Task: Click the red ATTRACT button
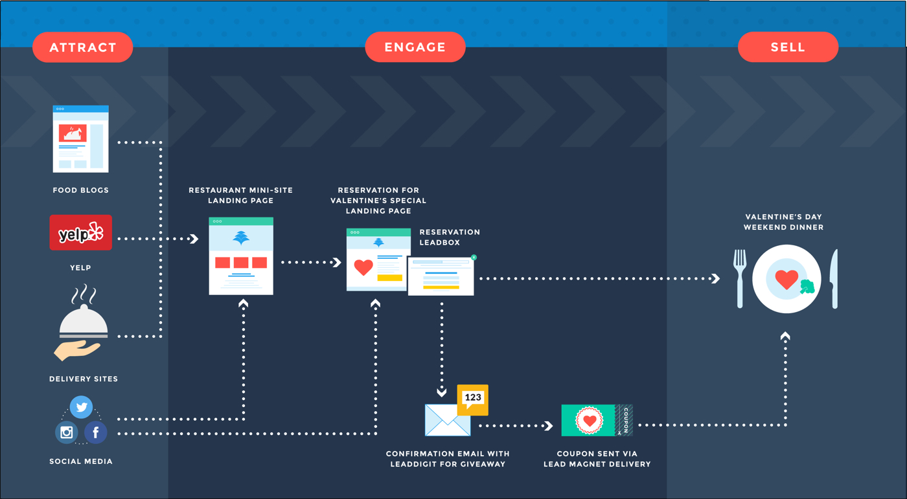point(83,47)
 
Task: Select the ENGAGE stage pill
point(415,47)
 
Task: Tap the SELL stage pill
point(788,47)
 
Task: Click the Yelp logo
point(80,232)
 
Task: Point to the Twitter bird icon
point(82,407)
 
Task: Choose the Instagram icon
point(66,432)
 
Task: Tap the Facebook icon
point(96,432)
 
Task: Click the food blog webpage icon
point(80,139)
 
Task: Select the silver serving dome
point(84,322)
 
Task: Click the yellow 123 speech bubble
point(472,399)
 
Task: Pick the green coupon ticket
point(597,421)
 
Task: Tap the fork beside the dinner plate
point(740,278)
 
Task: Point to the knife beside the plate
point(834,278)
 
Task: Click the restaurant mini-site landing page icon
point(241,256)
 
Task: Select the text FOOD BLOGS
point(80,190)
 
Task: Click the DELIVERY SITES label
point(84,379)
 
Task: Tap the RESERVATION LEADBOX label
point(450,238)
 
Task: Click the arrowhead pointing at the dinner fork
point(716,278)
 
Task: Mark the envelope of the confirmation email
point(448,421)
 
